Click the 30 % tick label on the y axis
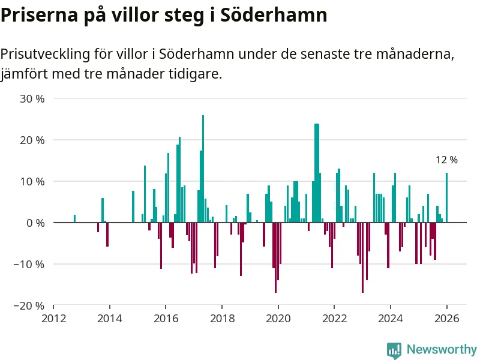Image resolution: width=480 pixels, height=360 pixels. [32, 99]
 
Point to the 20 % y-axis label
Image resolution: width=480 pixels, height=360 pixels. [32, 140]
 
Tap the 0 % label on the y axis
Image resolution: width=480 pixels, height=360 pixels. [35, 223]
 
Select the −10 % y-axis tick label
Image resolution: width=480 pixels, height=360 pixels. [29, 265]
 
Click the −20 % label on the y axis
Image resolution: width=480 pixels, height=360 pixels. [29, 306]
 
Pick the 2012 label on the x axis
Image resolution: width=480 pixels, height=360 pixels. [53, 318]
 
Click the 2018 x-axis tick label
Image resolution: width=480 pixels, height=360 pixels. [222, 318]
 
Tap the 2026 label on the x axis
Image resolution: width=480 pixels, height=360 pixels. [447, 318]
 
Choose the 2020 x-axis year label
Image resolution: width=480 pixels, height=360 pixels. [278, 318]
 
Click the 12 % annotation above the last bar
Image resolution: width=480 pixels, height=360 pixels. [446, 160]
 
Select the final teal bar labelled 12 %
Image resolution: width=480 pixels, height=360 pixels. [446, 198]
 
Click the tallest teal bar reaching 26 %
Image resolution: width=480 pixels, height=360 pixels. [203, 169]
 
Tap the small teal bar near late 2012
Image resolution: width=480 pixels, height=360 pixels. [74, 219]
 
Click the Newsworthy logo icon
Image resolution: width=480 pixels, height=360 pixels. [394, 350]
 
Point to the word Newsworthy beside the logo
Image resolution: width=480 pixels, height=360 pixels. [442, 349]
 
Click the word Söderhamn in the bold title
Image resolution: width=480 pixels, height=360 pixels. [274, 15]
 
